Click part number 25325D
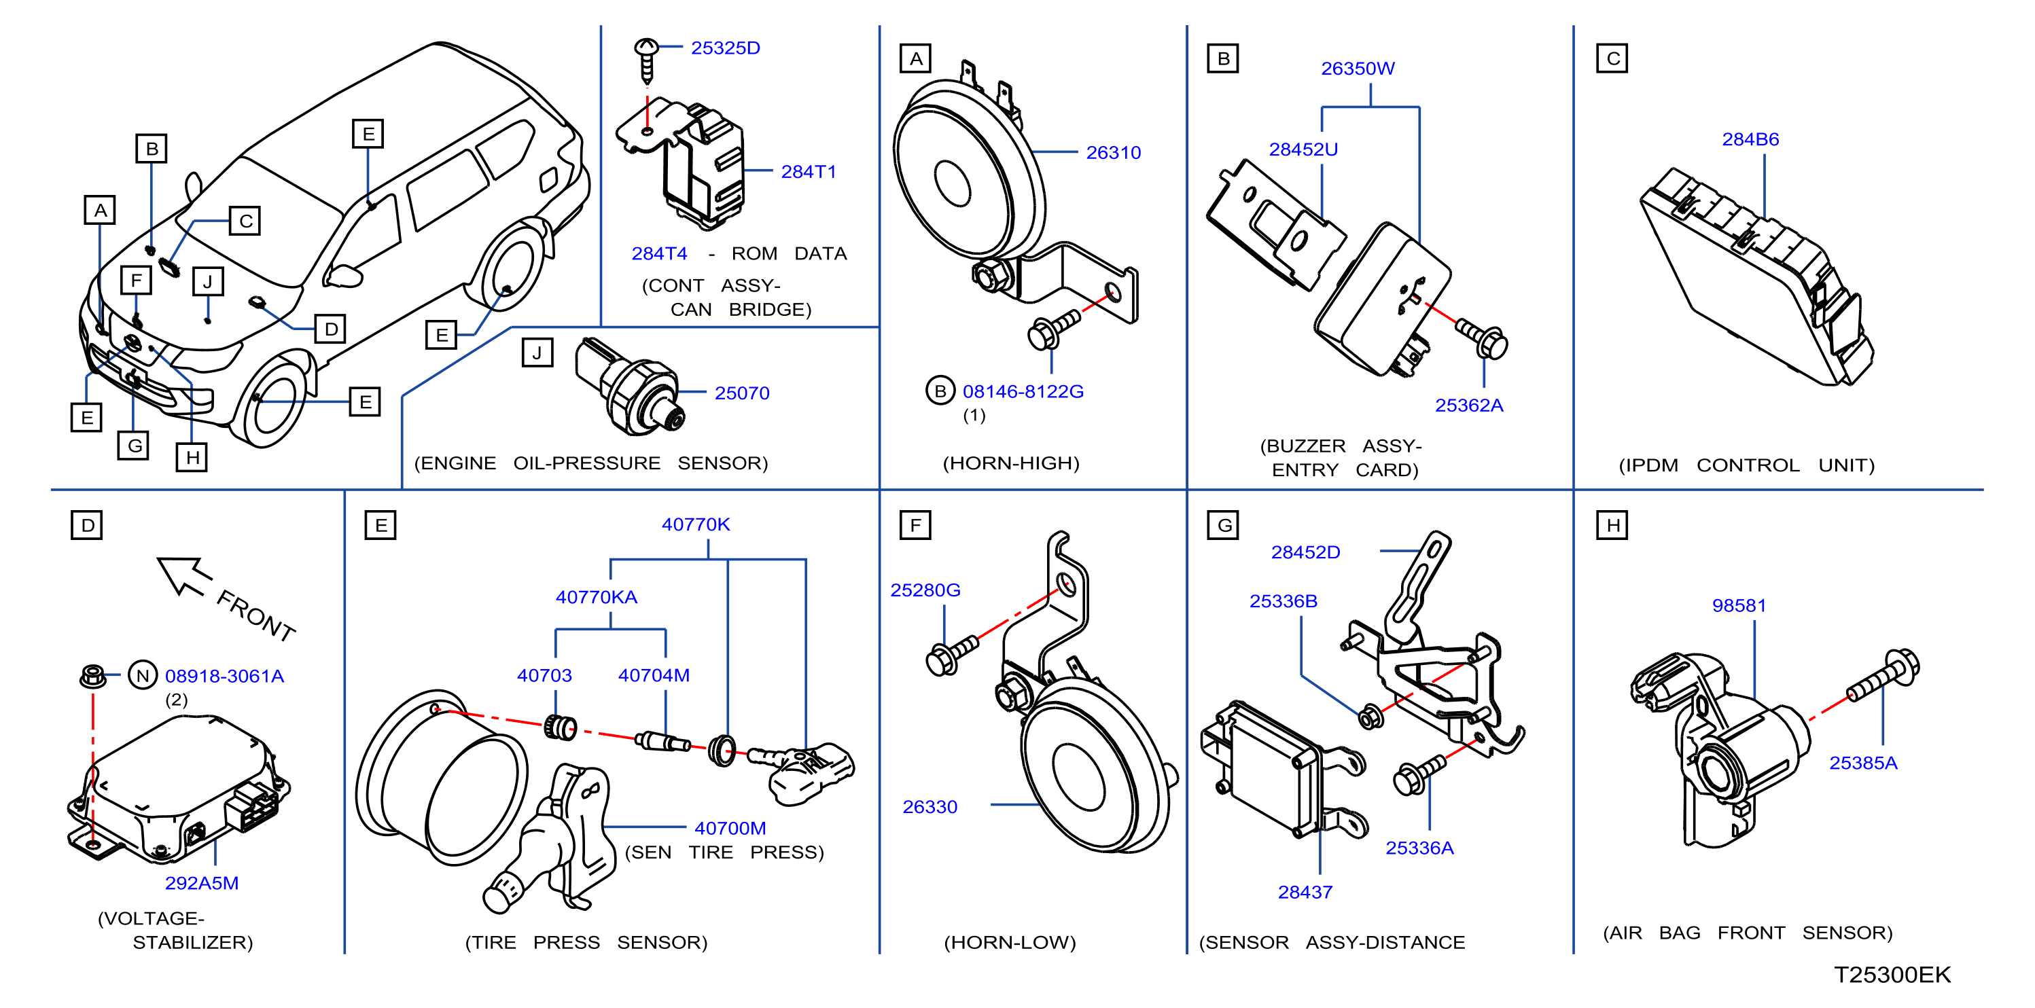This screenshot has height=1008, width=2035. (x=725, y=48)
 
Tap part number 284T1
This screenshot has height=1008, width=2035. (x=808, y=171)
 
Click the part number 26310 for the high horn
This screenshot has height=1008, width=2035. (x=1113, y=152)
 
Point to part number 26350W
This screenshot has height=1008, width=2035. (x=1358, y=69)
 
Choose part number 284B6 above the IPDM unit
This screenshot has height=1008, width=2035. (x=1750, y=139)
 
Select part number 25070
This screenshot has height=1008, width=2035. (x=742, y=393)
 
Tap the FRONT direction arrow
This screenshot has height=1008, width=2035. (x=184, y=575)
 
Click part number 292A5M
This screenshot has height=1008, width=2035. (x=201, y=883)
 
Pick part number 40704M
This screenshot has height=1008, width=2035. (x=654, y=675)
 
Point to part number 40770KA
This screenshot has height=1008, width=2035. (x=597, y=597)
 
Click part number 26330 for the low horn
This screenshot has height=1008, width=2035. (x=930, y=806)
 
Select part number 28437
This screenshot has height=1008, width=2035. (x=1305, y=892)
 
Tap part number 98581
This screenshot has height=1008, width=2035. (x=1739, y=605)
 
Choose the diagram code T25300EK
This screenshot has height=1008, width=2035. (x=1892, y=975)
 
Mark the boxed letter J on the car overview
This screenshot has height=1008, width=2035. (x=208, y=281)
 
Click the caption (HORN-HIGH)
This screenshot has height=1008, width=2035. (x=1011, y=463)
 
